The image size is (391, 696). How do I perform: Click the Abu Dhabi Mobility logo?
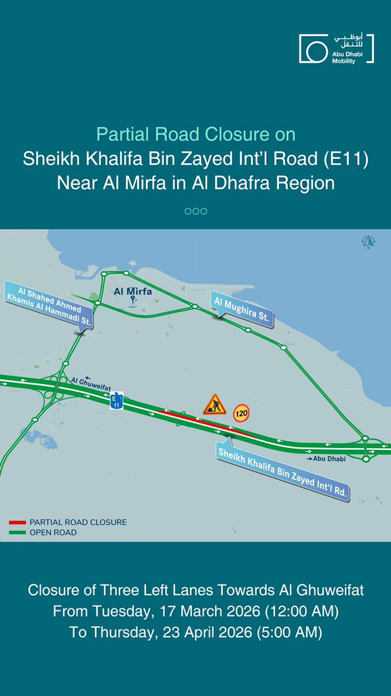(x=336, y=50)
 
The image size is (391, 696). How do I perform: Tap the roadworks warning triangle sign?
(x=214, y=405)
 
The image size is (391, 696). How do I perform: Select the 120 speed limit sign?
(x=241, y=413)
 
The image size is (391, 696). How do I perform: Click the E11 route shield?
(x=117, y=400)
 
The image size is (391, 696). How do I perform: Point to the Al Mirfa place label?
(x=133, y=292)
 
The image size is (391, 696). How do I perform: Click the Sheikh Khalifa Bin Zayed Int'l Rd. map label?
(x=282, y=472)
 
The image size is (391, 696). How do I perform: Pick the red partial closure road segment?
(x=204, y=423)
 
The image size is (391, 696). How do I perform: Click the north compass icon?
(x=369, y=242)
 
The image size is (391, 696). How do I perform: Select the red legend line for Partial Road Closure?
(x=17, y=523)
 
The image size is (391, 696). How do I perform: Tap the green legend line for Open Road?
(x=17, y=533)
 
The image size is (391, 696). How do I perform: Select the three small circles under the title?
(x=195, y=211)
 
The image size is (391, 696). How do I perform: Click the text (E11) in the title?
(x=346, y=158)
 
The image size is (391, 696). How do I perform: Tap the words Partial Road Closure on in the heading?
(x=195, y=133)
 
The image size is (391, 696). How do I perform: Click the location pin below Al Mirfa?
(x=133, y=304)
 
